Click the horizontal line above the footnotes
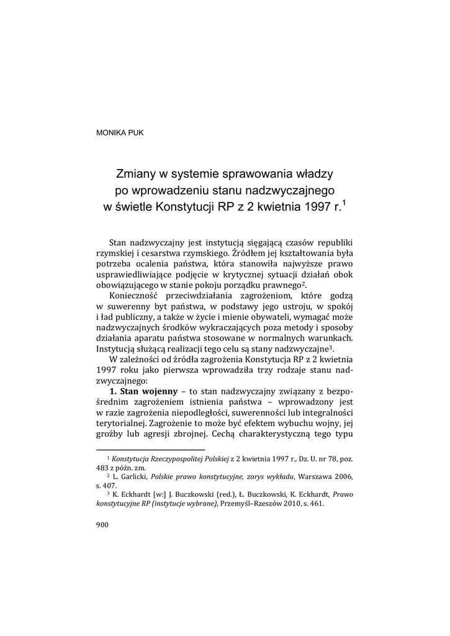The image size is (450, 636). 151,450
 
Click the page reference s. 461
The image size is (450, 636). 313,504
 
